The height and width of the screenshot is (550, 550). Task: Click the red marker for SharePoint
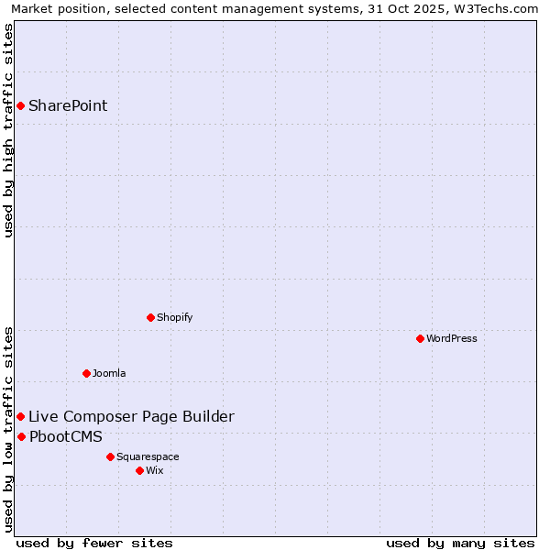pos(20,105)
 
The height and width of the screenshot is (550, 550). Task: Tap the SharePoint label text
pos(68,105)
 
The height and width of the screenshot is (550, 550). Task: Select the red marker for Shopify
pos(150,317)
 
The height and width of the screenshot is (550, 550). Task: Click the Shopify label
pos(174,317)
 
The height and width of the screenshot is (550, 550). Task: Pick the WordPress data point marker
pos(420,338)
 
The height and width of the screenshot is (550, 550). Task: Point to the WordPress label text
pos(451,338)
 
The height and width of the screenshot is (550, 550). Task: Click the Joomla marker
pos(86,373)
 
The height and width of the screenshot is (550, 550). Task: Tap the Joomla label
pos(109,373)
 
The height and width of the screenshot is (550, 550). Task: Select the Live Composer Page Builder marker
pos(20,416)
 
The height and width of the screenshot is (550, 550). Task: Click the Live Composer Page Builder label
pos(131,416)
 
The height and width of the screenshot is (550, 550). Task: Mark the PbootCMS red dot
pos(21,436)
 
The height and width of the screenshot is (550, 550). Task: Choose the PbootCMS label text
pos(66,436)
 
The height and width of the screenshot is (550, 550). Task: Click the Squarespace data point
pos(110,456)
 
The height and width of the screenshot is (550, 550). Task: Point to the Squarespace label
pos(148,456)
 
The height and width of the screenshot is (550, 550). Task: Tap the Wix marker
pos(139,470)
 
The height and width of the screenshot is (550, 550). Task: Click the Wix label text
pos(155,470)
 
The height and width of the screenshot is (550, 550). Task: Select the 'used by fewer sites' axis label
pos(94,543)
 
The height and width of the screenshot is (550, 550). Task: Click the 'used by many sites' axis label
pos(460,543)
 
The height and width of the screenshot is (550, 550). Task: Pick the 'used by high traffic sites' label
pos(8,130)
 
